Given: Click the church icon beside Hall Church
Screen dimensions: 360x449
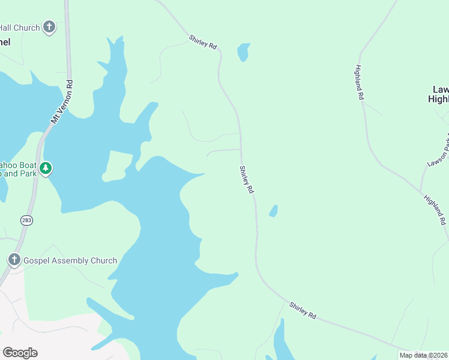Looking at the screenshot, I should point(49,27).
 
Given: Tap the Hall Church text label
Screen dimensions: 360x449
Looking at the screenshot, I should point(20,28).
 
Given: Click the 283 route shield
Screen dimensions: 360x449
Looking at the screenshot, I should point(26,221).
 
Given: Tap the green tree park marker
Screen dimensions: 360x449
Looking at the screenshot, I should point(46,169).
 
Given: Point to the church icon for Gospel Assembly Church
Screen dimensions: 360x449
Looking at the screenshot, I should point(14,260).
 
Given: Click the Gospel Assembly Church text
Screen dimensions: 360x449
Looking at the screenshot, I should point(70,260).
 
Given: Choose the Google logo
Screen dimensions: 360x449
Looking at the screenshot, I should point(20,353).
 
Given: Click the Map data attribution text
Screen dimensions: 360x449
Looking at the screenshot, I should point(423,355).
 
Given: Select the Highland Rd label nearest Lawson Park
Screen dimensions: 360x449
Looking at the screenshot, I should point(435,209).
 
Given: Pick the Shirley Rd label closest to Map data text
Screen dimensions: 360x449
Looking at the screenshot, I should point(302,310).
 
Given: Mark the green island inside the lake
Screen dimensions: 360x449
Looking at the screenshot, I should point(118,166).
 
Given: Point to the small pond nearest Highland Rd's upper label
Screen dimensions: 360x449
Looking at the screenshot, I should point(243,52).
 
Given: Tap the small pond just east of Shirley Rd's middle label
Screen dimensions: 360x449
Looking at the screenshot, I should point(273,211).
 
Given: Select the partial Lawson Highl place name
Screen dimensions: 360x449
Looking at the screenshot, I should point(439,94).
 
